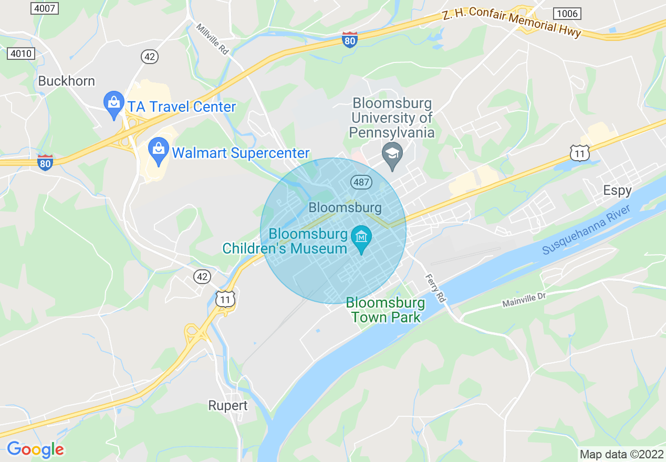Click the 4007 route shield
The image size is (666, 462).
coord(45,8)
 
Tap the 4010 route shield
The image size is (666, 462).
coord(21,53)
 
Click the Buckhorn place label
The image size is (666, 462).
coord(67,81)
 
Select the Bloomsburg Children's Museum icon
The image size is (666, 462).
coord(361,238)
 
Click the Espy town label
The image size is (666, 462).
coord(617,190)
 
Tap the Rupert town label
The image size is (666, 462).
coord(228,405)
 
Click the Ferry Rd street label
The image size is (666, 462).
coord(435,288)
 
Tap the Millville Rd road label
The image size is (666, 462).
coord(213,39)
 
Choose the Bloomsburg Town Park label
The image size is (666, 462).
coord(386,310)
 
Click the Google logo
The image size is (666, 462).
coord(35,449)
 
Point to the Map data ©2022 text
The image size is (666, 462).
coord(621,454)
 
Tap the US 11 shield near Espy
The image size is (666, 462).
coord(579,153)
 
